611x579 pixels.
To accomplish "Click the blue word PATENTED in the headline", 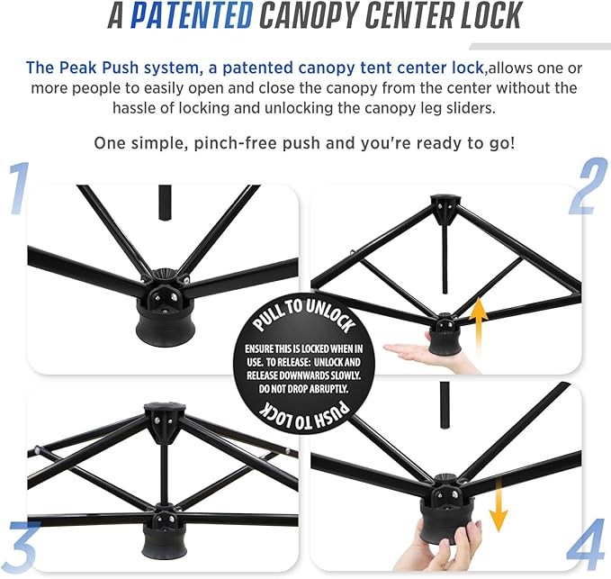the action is [x=192, y=15].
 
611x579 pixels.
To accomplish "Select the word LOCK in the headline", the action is [x=491, y=15].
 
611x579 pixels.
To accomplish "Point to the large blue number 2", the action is [x=589, y=186].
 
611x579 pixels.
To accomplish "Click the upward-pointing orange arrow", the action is [x=479, y=321].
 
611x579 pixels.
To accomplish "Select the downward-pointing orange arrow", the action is [x=498, y=505].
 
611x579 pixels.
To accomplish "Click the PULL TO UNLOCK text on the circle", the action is [x=304, y=316].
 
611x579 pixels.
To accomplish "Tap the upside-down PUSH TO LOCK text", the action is [x=304, y=415].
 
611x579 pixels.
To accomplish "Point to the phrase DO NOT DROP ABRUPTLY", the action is [x=303, y=389].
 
